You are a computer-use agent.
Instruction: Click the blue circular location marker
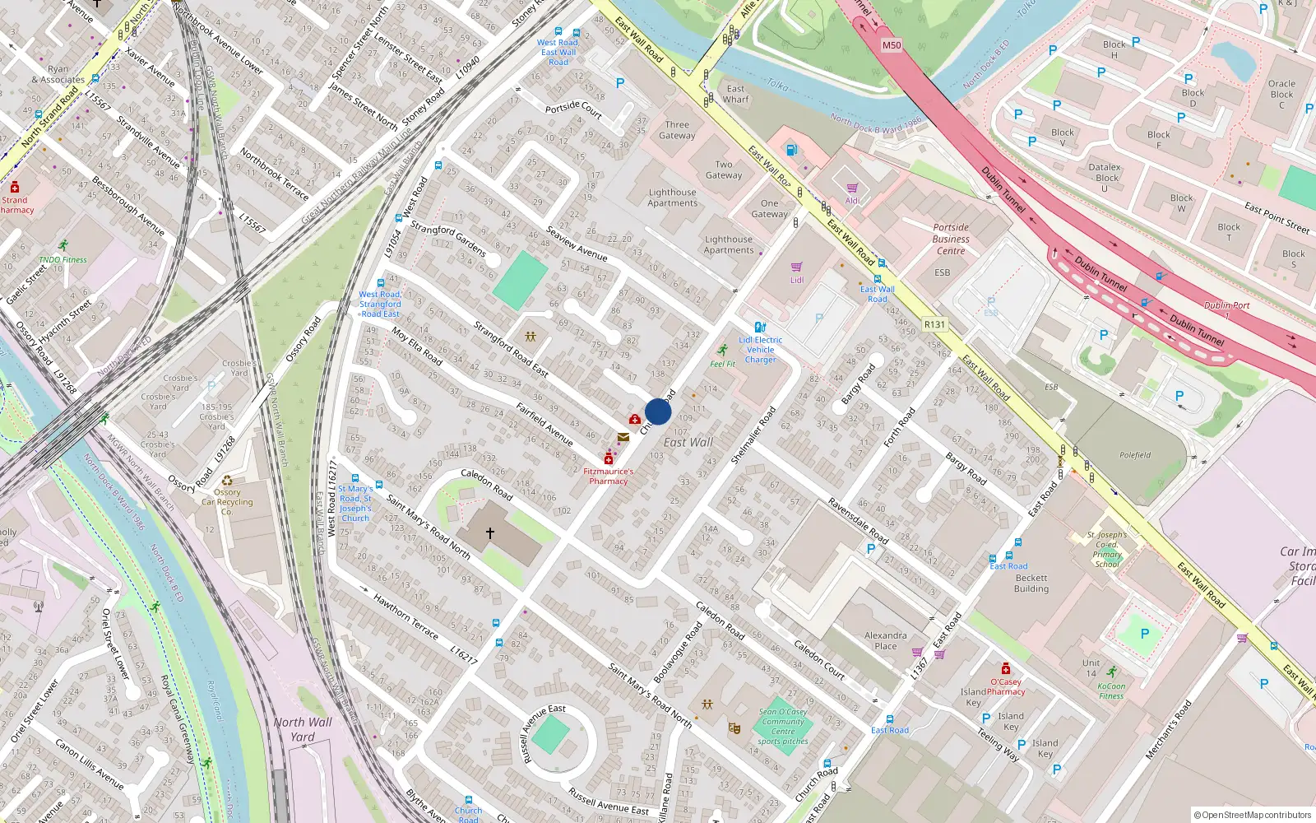[x=658, y=411]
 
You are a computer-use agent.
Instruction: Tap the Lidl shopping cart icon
[x=796, y=267]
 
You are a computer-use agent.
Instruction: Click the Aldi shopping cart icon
[x=852, y=188]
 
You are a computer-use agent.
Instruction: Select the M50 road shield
[x=892, y=45]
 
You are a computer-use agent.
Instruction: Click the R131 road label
[x=934, y=324]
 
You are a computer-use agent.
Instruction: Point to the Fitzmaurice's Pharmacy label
[x=609, y=477]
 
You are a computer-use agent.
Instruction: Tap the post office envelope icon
[x=623, y=437]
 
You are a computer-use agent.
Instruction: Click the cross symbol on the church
[x=490, y=533]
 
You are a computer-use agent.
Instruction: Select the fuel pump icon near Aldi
[x=791, y=150]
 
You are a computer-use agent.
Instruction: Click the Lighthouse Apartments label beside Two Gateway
[x=672, y=198]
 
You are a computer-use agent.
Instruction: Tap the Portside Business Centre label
[x=951, y=239]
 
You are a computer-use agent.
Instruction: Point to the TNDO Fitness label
[x=63, y=259]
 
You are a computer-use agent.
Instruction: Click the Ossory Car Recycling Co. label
[x=227, y=502]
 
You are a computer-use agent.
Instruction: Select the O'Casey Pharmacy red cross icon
[x=1005, y=669]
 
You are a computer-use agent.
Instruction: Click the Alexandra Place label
[x=885, y=640]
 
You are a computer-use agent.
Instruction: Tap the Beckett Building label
[x=1031, y=583]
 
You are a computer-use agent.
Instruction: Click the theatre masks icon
[x=734, y=728]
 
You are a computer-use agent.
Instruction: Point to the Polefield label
[x=1135, y=455]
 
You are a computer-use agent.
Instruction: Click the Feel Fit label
[x=723, y=364]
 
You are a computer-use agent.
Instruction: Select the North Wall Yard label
[x=303, y=729]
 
